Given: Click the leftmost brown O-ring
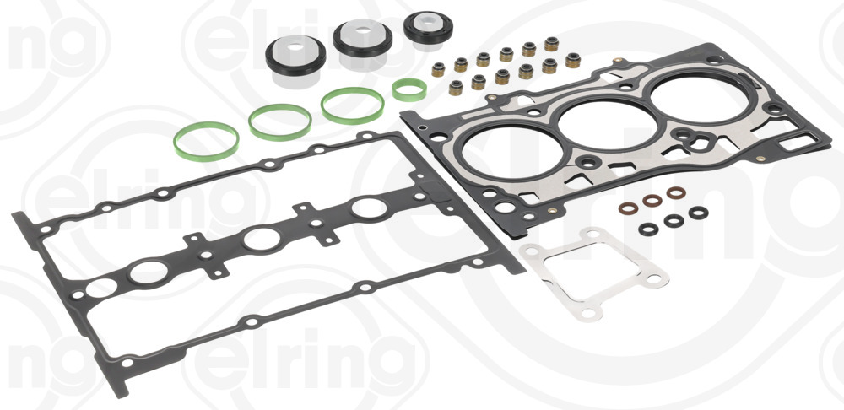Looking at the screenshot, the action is point(628,208).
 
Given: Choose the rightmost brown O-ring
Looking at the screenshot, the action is point(676,192).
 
